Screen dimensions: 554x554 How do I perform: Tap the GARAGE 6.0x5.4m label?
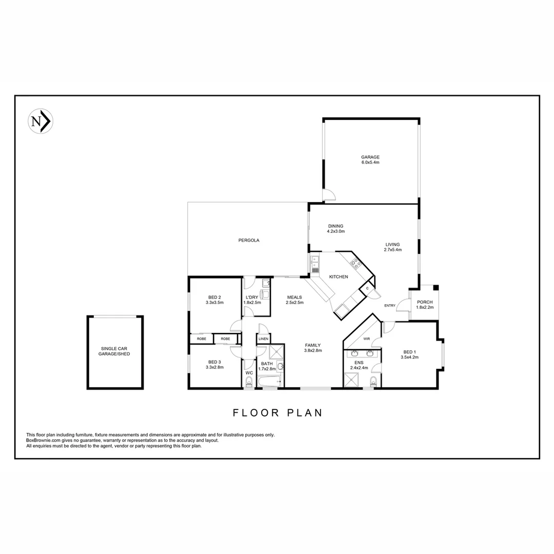[370, 160]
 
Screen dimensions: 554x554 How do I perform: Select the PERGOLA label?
[249, 240]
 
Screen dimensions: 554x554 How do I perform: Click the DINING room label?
[336, 228]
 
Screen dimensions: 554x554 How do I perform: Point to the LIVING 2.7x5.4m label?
[393, 247]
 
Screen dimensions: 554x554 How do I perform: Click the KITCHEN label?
[339, 277]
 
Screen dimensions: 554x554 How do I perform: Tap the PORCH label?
[425, 305]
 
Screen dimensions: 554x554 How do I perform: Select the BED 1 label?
[409, 354]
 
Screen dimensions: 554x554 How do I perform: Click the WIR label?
[367, 339]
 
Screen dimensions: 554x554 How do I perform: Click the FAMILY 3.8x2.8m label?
[312, 348]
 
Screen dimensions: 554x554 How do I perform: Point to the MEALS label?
[294, 300]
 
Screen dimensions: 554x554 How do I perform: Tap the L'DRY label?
[252, 300]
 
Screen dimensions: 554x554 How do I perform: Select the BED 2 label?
[214, 300]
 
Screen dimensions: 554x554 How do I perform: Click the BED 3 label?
[214, 364]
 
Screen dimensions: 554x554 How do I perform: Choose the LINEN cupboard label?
[263, 339]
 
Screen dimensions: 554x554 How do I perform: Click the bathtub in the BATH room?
[269, 381]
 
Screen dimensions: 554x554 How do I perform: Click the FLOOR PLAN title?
[277, 412]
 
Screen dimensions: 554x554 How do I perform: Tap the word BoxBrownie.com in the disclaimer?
[46, 440]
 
